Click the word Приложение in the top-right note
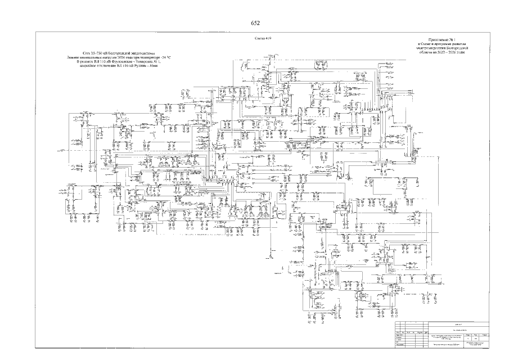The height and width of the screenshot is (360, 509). pyautogui.click(x=437, y=42)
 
